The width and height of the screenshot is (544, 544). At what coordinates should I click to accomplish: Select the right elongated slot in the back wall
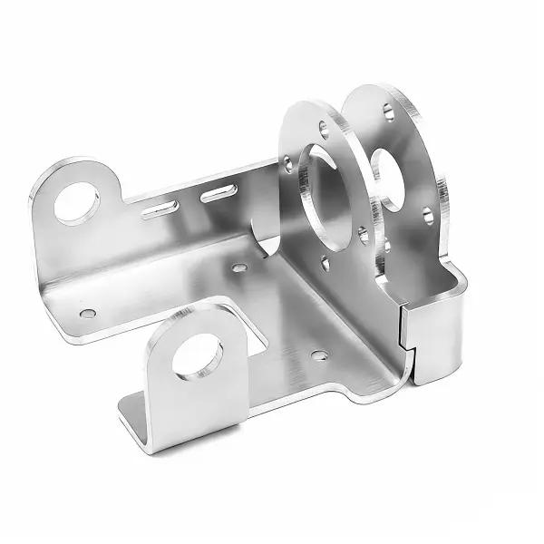[219, 192]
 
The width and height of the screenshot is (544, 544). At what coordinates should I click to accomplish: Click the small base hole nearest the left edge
[87, 314]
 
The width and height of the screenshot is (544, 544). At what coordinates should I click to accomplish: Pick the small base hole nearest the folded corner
[319, 355]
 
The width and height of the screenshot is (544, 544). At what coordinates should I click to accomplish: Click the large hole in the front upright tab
[197, 355]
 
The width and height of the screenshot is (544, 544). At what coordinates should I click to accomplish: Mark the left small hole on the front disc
[288, 165]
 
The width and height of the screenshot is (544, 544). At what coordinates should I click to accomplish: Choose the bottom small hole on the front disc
[325, 264]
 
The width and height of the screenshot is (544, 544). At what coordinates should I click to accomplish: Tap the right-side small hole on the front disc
[363, 235]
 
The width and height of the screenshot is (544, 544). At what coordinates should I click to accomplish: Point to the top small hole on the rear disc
[388, 111]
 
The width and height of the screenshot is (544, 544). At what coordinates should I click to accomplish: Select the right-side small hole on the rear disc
[427, 215]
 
